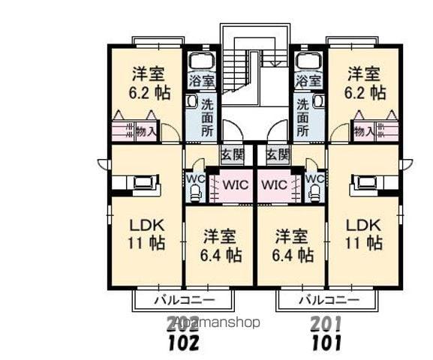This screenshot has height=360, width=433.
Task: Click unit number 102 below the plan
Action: [x=182, y=343]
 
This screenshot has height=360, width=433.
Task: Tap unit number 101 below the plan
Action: [x=326, y=343]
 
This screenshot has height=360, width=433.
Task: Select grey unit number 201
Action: [x=326, y=325]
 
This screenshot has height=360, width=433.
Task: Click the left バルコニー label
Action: [x=183, y=301]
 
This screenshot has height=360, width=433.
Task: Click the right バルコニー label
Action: [x=326, y=301]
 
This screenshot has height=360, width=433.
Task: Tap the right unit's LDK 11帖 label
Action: [x=363, y=234]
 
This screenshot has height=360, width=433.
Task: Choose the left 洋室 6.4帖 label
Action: [x=221, y=246]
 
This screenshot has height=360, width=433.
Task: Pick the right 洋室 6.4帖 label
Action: [x=293, y=246]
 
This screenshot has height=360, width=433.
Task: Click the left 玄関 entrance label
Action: [x=232, y=155]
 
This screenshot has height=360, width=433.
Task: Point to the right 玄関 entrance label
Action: [x=277, y=155]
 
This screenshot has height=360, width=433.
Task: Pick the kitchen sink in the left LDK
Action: [x=142, y=182]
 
